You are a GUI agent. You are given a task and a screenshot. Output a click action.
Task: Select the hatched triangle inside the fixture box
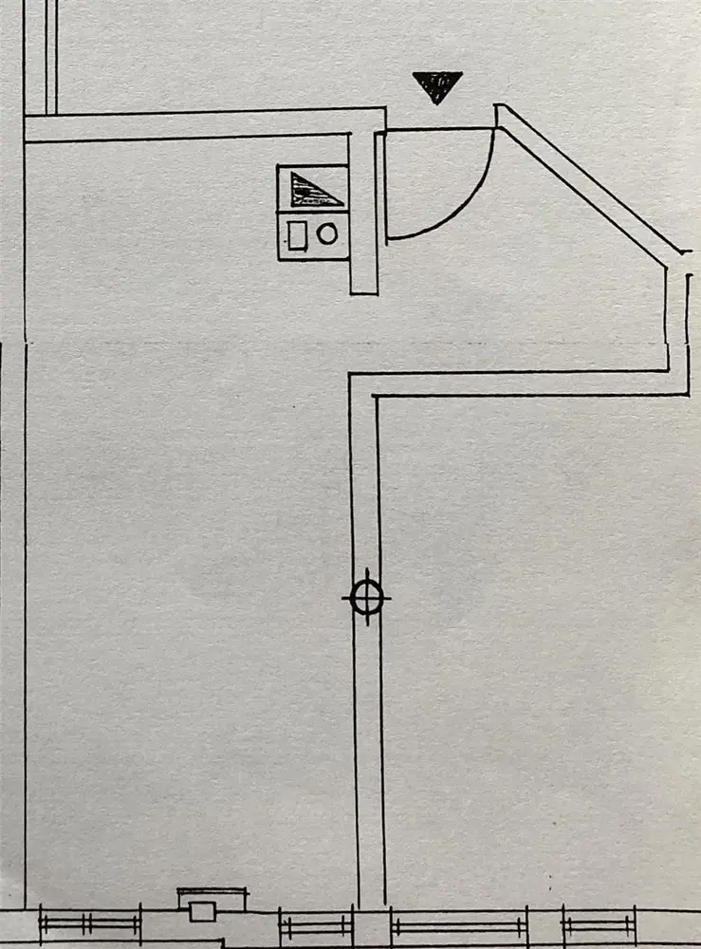click(310, 190)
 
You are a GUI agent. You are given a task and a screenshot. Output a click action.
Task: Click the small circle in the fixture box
click(327, 233)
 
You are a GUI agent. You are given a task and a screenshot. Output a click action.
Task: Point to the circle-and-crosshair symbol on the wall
click(366, 597)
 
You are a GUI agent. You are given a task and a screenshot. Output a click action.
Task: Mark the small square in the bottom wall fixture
click(201, 911)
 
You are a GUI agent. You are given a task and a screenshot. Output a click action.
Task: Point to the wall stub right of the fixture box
click(363, 214)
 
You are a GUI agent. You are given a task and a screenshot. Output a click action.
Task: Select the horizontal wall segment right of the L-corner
click(531, 383)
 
